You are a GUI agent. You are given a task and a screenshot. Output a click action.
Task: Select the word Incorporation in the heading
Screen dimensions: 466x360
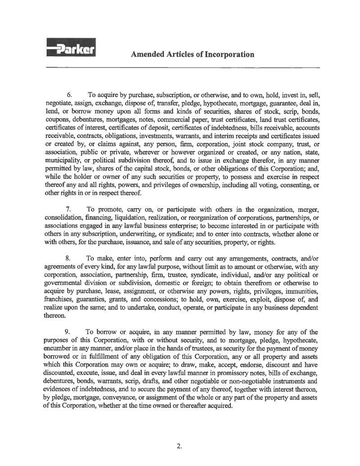click(x=230, y=55)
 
